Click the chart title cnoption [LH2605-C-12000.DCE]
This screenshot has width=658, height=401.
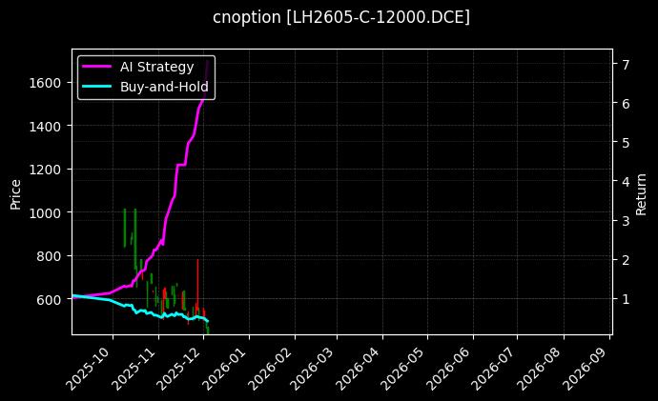pos(341,17)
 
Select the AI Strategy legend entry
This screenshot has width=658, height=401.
pos(156,67)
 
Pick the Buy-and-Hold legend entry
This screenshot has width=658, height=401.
pos(164,87)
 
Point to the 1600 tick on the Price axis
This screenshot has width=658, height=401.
pos(49,83)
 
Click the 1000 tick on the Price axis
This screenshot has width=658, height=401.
pos(49,212)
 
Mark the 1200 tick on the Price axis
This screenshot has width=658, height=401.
pos(49,170)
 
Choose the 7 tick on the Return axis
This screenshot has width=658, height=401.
pos(625,64)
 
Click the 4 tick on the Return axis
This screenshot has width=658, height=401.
pos(625,181)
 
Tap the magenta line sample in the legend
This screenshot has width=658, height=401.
pos(97,67)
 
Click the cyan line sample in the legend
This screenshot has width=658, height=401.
pos(97,87)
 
